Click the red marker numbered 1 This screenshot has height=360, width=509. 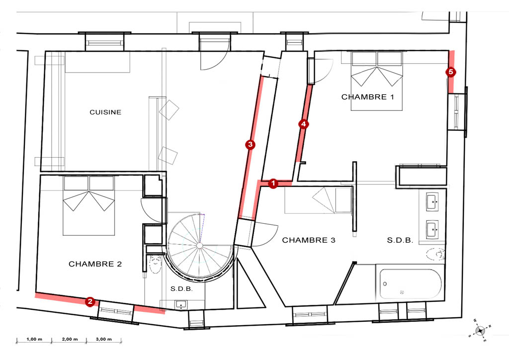point(273,183)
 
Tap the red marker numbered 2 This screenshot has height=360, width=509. point(90,301)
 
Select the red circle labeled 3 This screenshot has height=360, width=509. point(250,145)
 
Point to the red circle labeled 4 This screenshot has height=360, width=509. point(304,124)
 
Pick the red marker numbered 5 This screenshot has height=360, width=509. point(450,72)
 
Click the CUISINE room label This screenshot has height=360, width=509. point(105,112)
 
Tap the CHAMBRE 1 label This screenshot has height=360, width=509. point(368,97)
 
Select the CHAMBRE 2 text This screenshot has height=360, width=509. point(95,264)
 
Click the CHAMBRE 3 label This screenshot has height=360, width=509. point(309,240)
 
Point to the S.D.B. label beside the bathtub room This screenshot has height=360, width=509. point(400,241)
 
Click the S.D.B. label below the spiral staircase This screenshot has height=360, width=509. point(181,288)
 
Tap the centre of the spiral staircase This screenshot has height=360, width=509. point(200,246)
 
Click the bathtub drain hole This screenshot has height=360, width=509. point(385,284)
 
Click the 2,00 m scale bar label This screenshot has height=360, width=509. point(70,339)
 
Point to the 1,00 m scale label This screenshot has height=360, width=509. point(34,339)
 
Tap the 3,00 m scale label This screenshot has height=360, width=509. point(104,339)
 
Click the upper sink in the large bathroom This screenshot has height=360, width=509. point(432,202)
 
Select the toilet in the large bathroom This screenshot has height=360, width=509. point(435,254)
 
